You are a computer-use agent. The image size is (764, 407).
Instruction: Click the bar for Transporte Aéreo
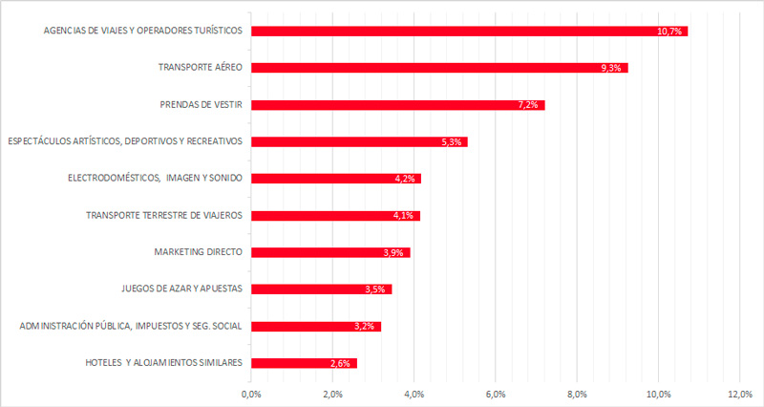[439, 68]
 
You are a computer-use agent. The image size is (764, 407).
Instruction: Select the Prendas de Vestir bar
[398, 105]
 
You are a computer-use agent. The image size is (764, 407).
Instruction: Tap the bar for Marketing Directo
[330, 252]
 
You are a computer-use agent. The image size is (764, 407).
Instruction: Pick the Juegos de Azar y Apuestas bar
[322, 289]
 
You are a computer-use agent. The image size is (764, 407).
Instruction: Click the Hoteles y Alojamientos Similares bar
[304, 363]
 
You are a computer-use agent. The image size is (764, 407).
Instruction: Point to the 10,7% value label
[669, 32]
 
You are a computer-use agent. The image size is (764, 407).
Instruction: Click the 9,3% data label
[611, 68]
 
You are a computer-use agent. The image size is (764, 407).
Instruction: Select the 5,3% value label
[452, 142]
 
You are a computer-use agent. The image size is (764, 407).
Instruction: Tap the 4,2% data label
[405, 179]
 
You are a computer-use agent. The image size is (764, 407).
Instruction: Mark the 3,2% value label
[365, 327]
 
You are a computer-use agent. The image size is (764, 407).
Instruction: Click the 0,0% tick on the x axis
[251, 395]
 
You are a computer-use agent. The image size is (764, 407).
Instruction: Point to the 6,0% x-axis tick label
[496, 395]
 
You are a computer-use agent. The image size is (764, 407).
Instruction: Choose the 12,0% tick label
[740, 395]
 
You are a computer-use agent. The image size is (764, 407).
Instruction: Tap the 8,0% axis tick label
[577, 395]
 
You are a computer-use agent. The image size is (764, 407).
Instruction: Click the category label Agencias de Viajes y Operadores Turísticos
[142, 31]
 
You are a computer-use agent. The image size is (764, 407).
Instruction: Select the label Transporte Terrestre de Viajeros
[164, 215]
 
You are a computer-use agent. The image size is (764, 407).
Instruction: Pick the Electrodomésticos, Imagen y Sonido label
[155, 179]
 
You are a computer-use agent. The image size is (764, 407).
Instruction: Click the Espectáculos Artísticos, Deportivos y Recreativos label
[125, 141]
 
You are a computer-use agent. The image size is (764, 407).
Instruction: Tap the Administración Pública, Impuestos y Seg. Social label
[131, 326]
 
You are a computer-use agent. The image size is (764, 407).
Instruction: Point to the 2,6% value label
[340, 364]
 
